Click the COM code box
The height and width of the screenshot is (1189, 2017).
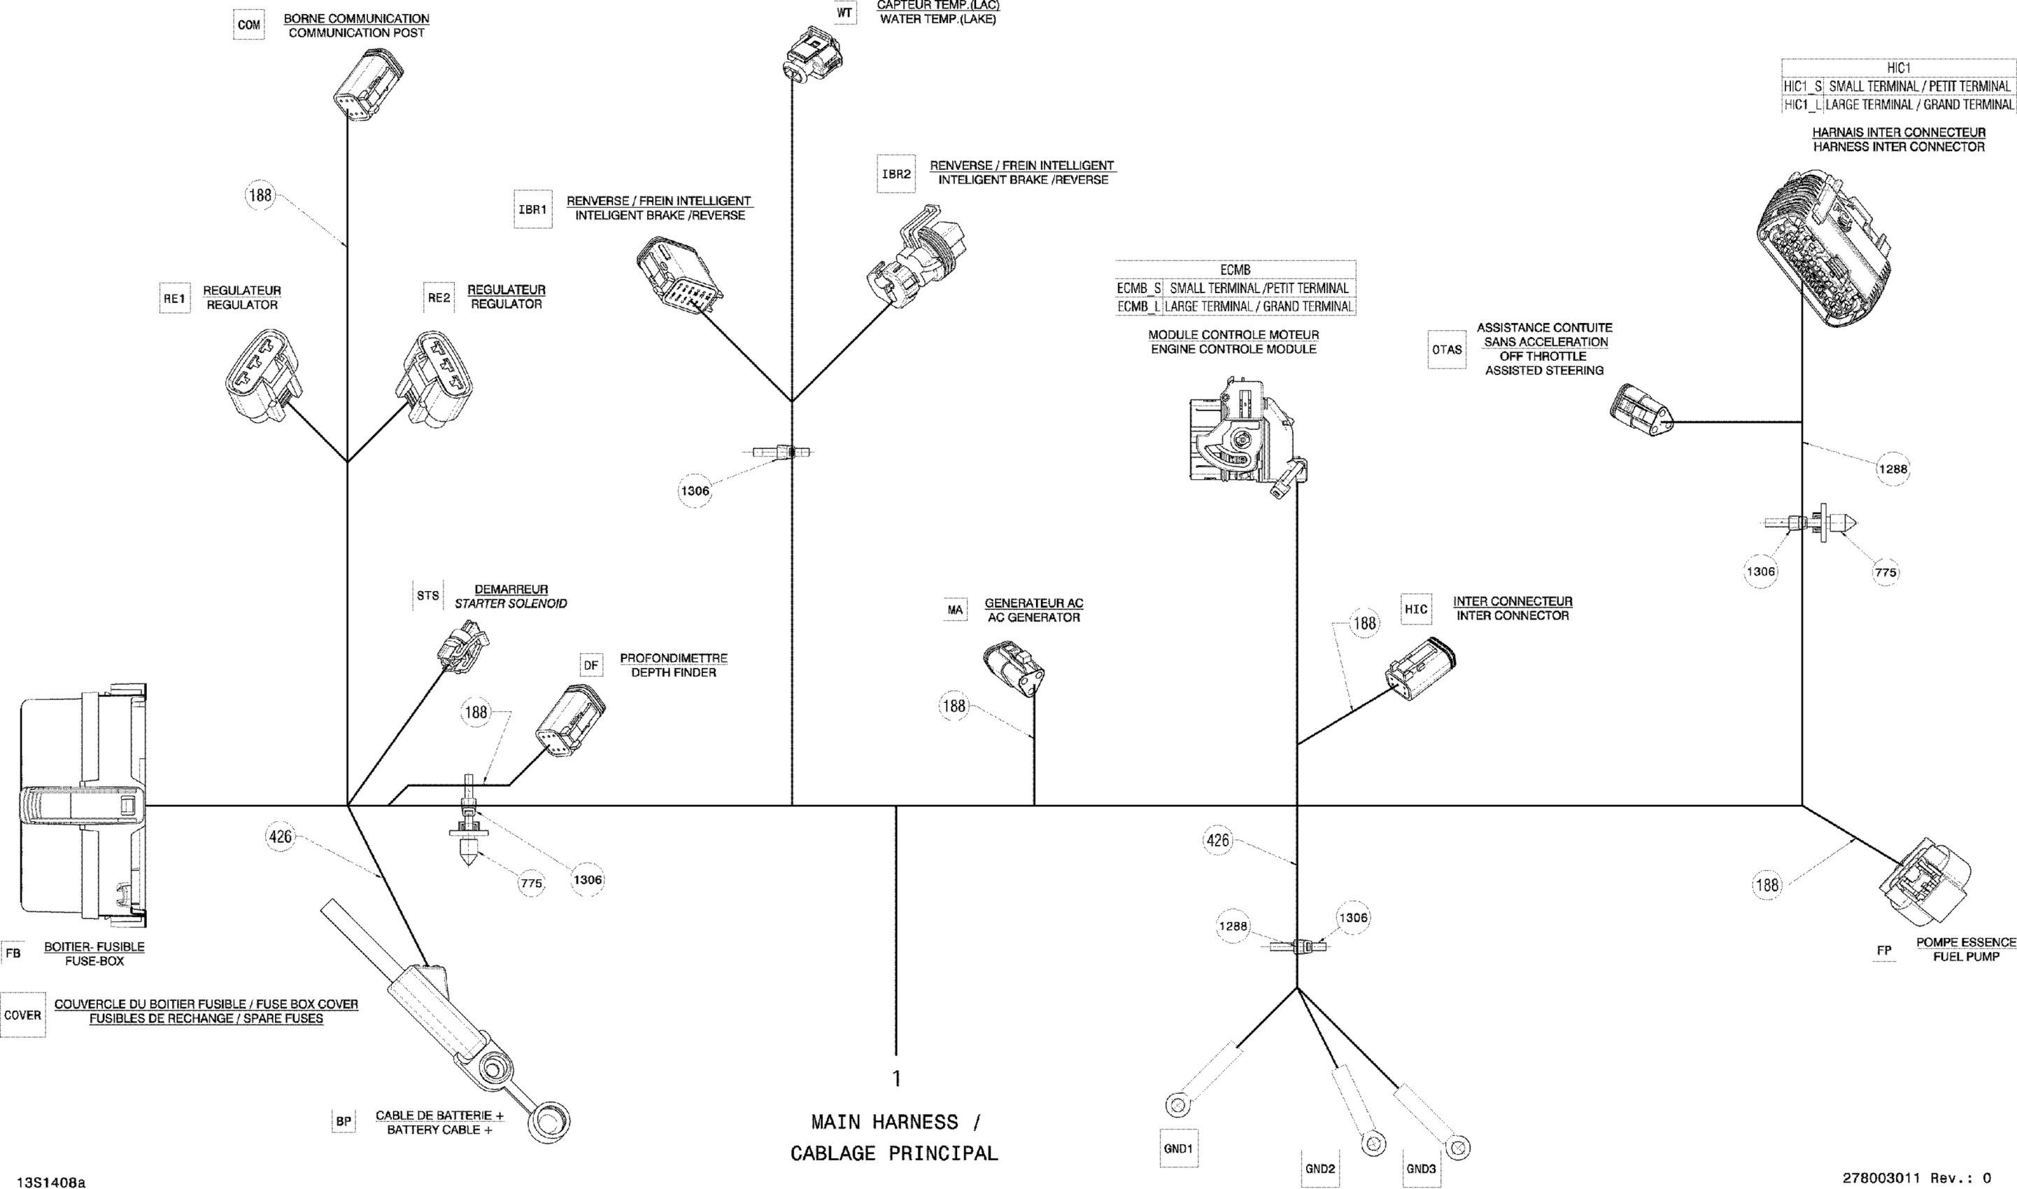click(248, 25)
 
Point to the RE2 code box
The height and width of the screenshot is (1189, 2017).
click(439, 298)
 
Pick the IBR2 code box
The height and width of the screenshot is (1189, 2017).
click(897, 174)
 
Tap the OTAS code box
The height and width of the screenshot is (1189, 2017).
click(1448, 349)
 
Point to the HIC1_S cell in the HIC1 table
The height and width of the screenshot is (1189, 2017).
click(1803, 87)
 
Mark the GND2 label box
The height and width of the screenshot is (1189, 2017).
click(1319, 1169)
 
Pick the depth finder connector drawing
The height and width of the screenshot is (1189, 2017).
click(569, 717)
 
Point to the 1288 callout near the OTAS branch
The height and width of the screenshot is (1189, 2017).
click(1892, 469)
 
